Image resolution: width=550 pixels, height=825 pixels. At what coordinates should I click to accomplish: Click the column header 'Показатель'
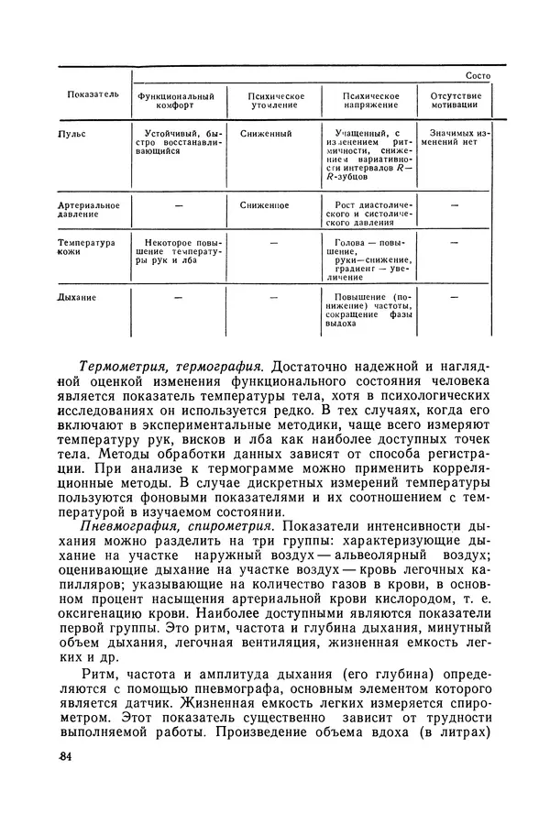click(x=93, y=94)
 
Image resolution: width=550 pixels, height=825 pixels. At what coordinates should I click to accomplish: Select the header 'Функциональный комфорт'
click(x=176, y=100)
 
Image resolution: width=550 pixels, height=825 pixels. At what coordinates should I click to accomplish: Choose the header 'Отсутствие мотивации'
click(x=454, y=100)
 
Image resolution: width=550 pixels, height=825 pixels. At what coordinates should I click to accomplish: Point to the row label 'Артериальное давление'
click(x=89, y=211)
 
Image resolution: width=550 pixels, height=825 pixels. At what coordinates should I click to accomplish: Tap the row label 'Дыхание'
click(x=78, y=297)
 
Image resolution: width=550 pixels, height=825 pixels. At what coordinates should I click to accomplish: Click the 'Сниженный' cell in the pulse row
click(x=266, y=134)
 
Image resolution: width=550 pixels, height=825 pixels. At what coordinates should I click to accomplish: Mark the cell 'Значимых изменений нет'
click(x=454, y=138)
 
